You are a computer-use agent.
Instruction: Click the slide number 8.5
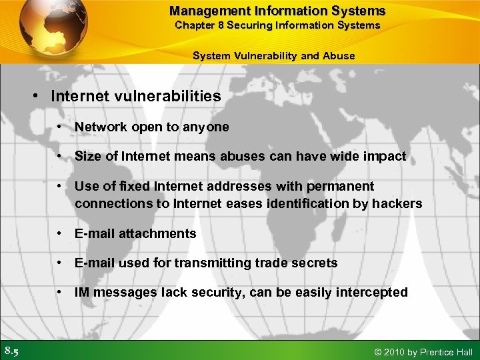point(11,351)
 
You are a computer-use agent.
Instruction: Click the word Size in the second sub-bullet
point(87,156)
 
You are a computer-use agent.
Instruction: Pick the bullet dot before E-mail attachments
point(60,233)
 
